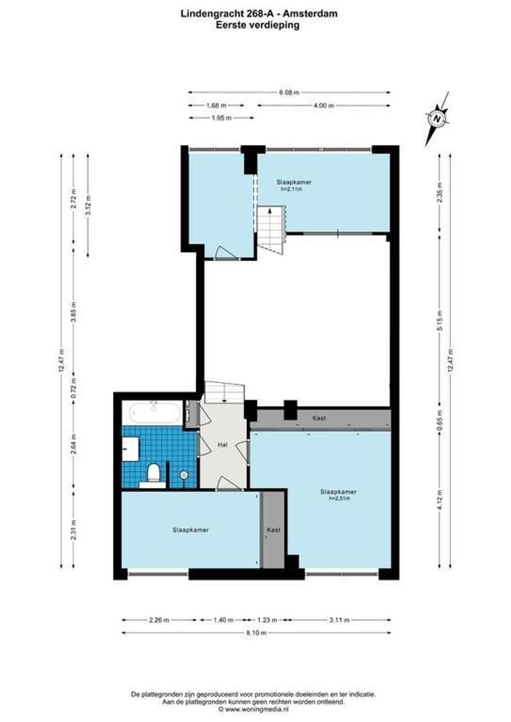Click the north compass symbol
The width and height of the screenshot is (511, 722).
point(437,118)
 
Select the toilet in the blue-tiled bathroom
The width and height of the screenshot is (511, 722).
point(153,473)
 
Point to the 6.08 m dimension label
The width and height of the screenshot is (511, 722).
point(289,92)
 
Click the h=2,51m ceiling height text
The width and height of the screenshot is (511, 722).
point(338,498)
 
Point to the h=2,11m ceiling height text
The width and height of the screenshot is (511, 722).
point(292,189)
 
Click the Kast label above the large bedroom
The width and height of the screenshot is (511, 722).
point(319,418)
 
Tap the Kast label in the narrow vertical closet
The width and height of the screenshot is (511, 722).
point(273,529)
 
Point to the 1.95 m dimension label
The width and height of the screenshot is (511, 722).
point(221,118)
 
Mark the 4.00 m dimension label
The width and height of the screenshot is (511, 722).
point(323,105)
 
